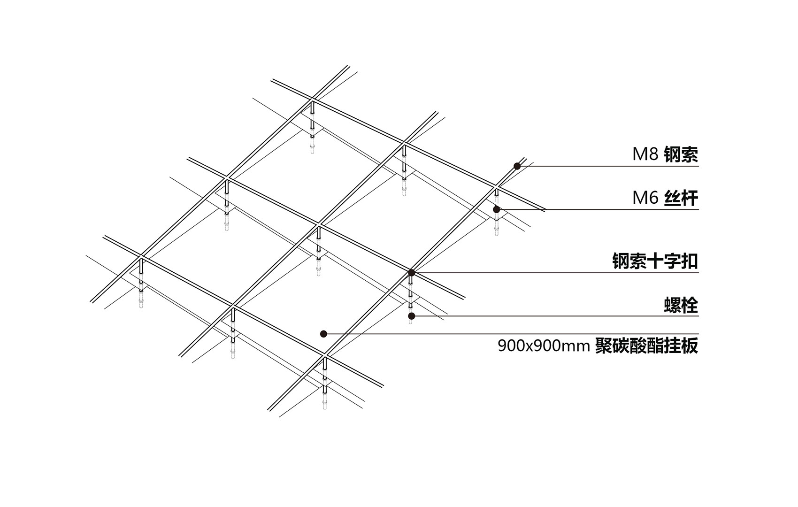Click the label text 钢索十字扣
coord(655,261)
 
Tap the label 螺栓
coord(681,306)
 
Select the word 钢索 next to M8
coord(681,154)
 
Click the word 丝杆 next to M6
coord(681,198)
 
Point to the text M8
coord(645,154)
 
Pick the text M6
coord(645,198)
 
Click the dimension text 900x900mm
coord(543,346)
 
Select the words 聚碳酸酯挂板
coord(646,346)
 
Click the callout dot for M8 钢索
coord(517,166)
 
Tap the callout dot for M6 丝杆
coord(497,209)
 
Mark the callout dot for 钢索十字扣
coord(411,272)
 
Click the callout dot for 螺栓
coord(411,316)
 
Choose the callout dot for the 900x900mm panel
coord(323,334)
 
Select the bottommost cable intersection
coord(324,358)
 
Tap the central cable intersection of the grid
coord(319,226)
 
